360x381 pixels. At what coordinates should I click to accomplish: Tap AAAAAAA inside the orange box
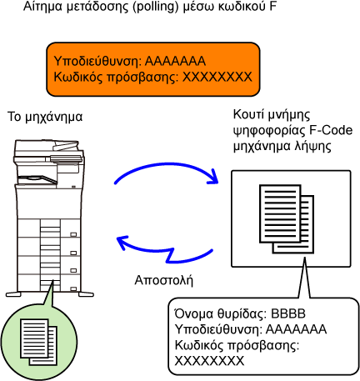click(x=175, y=61)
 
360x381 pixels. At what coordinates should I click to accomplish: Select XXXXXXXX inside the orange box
click(x=217, y=77)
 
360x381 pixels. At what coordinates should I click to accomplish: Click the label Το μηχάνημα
click(x=45, y=117)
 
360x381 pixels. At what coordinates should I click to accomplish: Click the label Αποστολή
click(x=164, y=280)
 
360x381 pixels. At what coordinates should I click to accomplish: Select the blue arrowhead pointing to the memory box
click(x=213, y=177)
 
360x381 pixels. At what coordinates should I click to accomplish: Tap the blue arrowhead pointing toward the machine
click(x=122, y=243)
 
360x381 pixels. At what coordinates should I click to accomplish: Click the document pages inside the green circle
click(x=38, y=342)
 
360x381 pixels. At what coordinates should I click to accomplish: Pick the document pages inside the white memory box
click(x=287, y=219)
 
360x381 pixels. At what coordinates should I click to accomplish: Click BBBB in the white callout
click(x=288, y=313)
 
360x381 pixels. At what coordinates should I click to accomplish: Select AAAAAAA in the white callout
click(x=296, y=329)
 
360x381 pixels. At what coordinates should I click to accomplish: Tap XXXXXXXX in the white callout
click(x=209, y=361)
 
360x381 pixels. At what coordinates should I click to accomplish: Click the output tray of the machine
click(x=37, y=179)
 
